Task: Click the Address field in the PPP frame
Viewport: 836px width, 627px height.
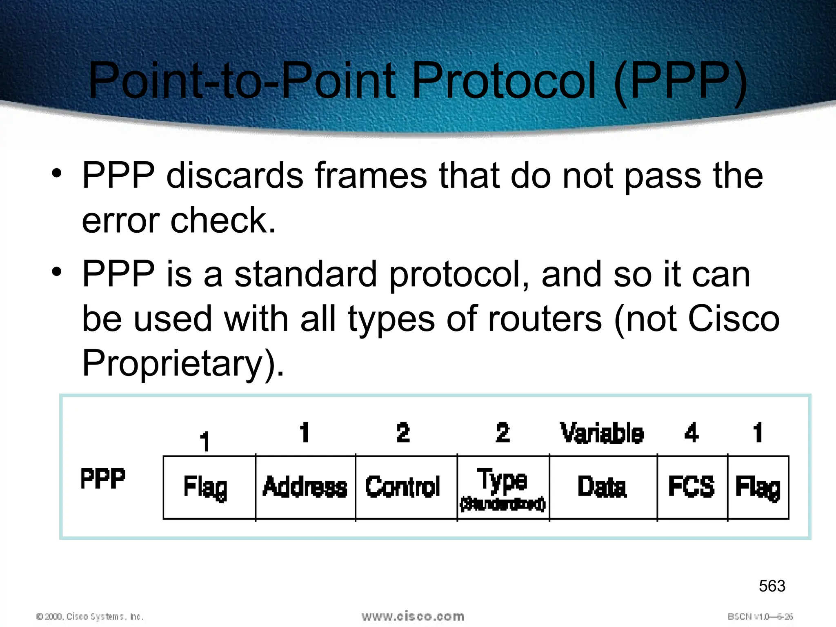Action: tap(305, 487)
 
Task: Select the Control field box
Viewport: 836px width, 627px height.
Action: tap(403, 487)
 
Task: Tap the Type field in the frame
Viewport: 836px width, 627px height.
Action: tap(502, 487)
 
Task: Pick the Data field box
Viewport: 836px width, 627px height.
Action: tap(602, 487)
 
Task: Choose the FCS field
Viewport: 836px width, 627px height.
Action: tap(691, 487)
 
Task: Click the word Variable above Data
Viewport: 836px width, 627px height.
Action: tap(602, 433)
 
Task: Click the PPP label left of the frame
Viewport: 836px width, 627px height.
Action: tap(103, 479)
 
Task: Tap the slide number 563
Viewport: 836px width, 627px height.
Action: tap(772, 586)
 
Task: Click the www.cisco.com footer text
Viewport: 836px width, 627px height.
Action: tap(413, 616)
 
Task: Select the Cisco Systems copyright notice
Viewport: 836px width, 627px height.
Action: tap(90, 616)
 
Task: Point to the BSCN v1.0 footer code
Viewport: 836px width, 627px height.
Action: tap(760, 616)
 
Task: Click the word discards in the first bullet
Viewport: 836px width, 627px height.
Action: tap(235, 176)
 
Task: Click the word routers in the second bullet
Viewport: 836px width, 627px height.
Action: tap(545, 319)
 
